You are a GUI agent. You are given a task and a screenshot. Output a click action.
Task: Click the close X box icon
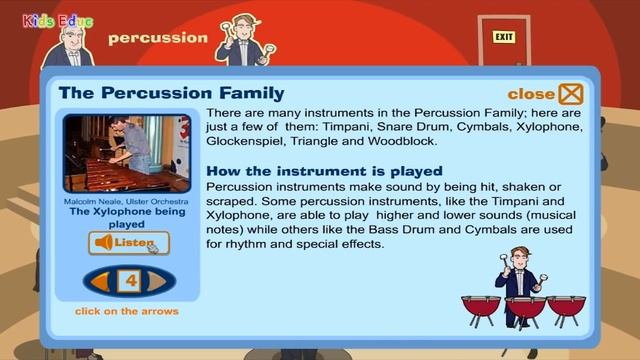pos(570,95)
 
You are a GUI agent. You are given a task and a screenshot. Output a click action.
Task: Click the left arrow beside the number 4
pos(100,281)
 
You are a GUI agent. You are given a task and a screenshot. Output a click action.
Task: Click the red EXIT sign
pos(504,37)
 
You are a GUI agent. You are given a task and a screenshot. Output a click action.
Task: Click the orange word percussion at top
pos(158,38)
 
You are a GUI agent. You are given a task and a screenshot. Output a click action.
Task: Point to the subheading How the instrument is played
pos(323,171)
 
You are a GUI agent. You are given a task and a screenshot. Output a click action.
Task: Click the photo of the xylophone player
pos(126,153)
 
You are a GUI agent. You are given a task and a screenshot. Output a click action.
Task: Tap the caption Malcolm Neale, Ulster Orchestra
pos(126,201)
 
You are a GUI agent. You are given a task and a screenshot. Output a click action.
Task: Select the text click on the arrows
pos(126,311)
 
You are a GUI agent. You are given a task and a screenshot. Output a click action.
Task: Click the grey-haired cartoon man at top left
pos(67,45)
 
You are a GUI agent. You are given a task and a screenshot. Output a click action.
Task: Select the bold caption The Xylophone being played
pos(126,218)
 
